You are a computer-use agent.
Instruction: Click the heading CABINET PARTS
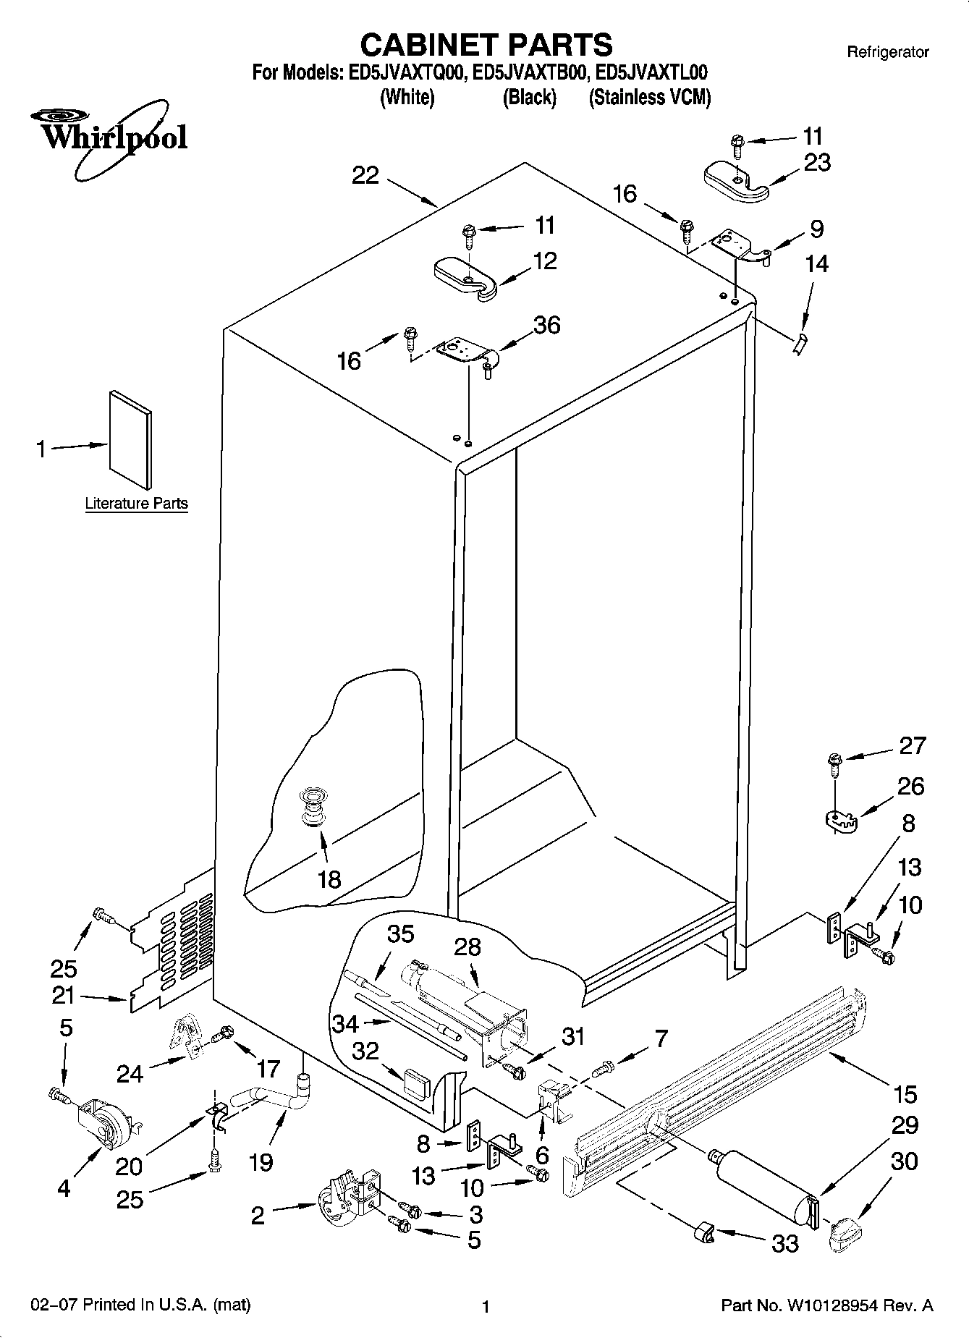(x=486, y=45)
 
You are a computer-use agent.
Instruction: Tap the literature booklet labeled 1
(x=130, y=439)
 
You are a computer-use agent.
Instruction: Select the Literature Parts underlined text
(x=136, y=504)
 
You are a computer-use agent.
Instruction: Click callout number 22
(x=365, y=175)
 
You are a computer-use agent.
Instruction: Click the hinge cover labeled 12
(x=463, y=278)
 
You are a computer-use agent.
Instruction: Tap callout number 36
(x=546, y=325)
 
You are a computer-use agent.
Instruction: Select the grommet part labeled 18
(x=313, y=807)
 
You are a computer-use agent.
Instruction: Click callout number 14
(x=816, y=263)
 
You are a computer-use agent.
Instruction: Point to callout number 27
(x=912, y=745)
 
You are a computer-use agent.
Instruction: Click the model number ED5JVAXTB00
(x=528, y=73)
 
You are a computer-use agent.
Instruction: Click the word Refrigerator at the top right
(x=887, y=52)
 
